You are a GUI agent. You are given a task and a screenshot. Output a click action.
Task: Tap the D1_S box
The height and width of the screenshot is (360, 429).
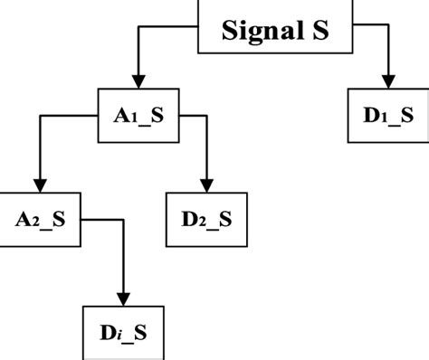pos(388,116)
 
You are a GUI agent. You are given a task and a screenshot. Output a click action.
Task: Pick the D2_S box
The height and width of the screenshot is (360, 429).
pos(207,219)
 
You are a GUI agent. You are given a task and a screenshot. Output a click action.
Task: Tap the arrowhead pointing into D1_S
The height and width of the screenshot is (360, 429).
pos(388,81)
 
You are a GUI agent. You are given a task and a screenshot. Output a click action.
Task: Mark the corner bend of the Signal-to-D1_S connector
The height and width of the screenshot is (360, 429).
pos(388,24)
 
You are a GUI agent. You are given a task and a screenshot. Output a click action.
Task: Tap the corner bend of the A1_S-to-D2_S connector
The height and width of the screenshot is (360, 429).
pos(206,116)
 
